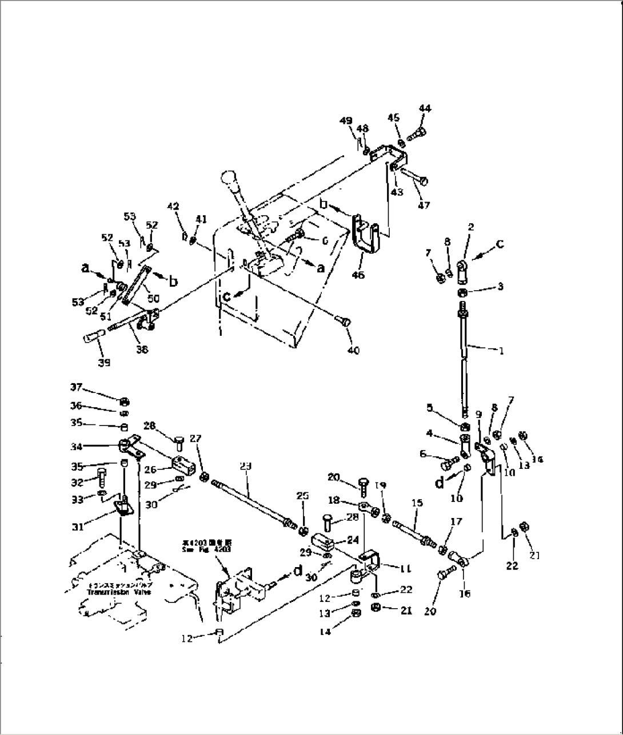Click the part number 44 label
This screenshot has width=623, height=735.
tap(425, 109)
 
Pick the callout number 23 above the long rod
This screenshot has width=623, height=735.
tap(246, 466)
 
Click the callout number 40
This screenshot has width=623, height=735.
tap(353, 350)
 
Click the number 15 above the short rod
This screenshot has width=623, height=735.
tap(417, 503)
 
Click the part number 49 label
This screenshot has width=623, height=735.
tap(346, 121)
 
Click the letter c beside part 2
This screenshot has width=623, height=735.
tap(500, 244)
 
